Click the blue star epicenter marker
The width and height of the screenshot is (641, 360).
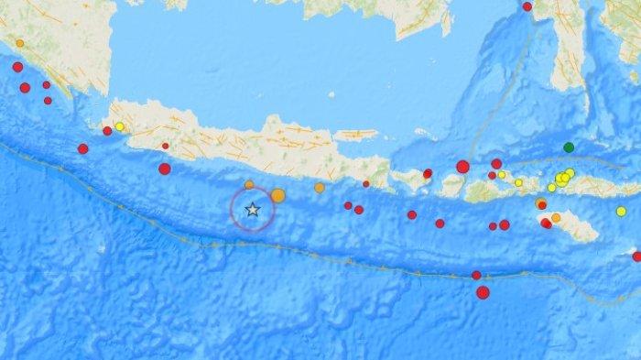coord(253,210)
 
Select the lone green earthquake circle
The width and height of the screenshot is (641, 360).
coord(569,147)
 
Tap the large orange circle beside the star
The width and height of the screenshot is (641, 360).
coord(277,195)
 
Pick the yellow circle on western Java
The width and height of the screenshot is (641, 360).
coord(119,126)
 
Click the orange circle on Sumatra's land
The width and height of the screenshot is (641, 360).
coord(19,43)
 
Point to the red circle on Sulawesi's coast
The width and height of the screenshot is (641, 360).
coord(527,7)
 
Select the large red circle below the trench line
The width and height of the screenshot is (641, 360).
coord(483,292)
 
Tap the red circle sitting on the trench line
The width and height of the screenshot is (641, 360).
coord(476,275)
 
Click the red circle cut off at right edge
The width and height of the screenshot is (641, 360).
coord(636,256)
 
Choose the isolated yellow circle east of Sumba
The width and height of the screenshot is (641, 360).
coord(621,212)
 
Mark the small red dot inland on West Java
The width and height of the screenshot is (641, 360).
coord(165,146)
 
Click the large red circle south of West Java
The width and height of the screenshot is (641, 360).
coord(164,169)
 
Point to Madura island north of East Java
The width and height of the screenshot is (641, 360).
coord(355,135)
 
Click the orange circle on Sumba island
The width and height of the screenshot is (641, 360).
coord(556,218)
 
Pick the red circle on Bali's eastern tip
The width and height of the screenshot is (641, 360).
coord(427,173)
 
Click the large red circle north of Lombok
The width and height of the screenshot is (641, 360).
coord(462,167)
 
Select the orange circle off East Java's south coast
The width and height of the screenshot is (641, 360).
coord(319,188)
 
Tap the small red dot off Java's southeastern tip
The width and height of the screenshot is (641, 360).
coord(366,184)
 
